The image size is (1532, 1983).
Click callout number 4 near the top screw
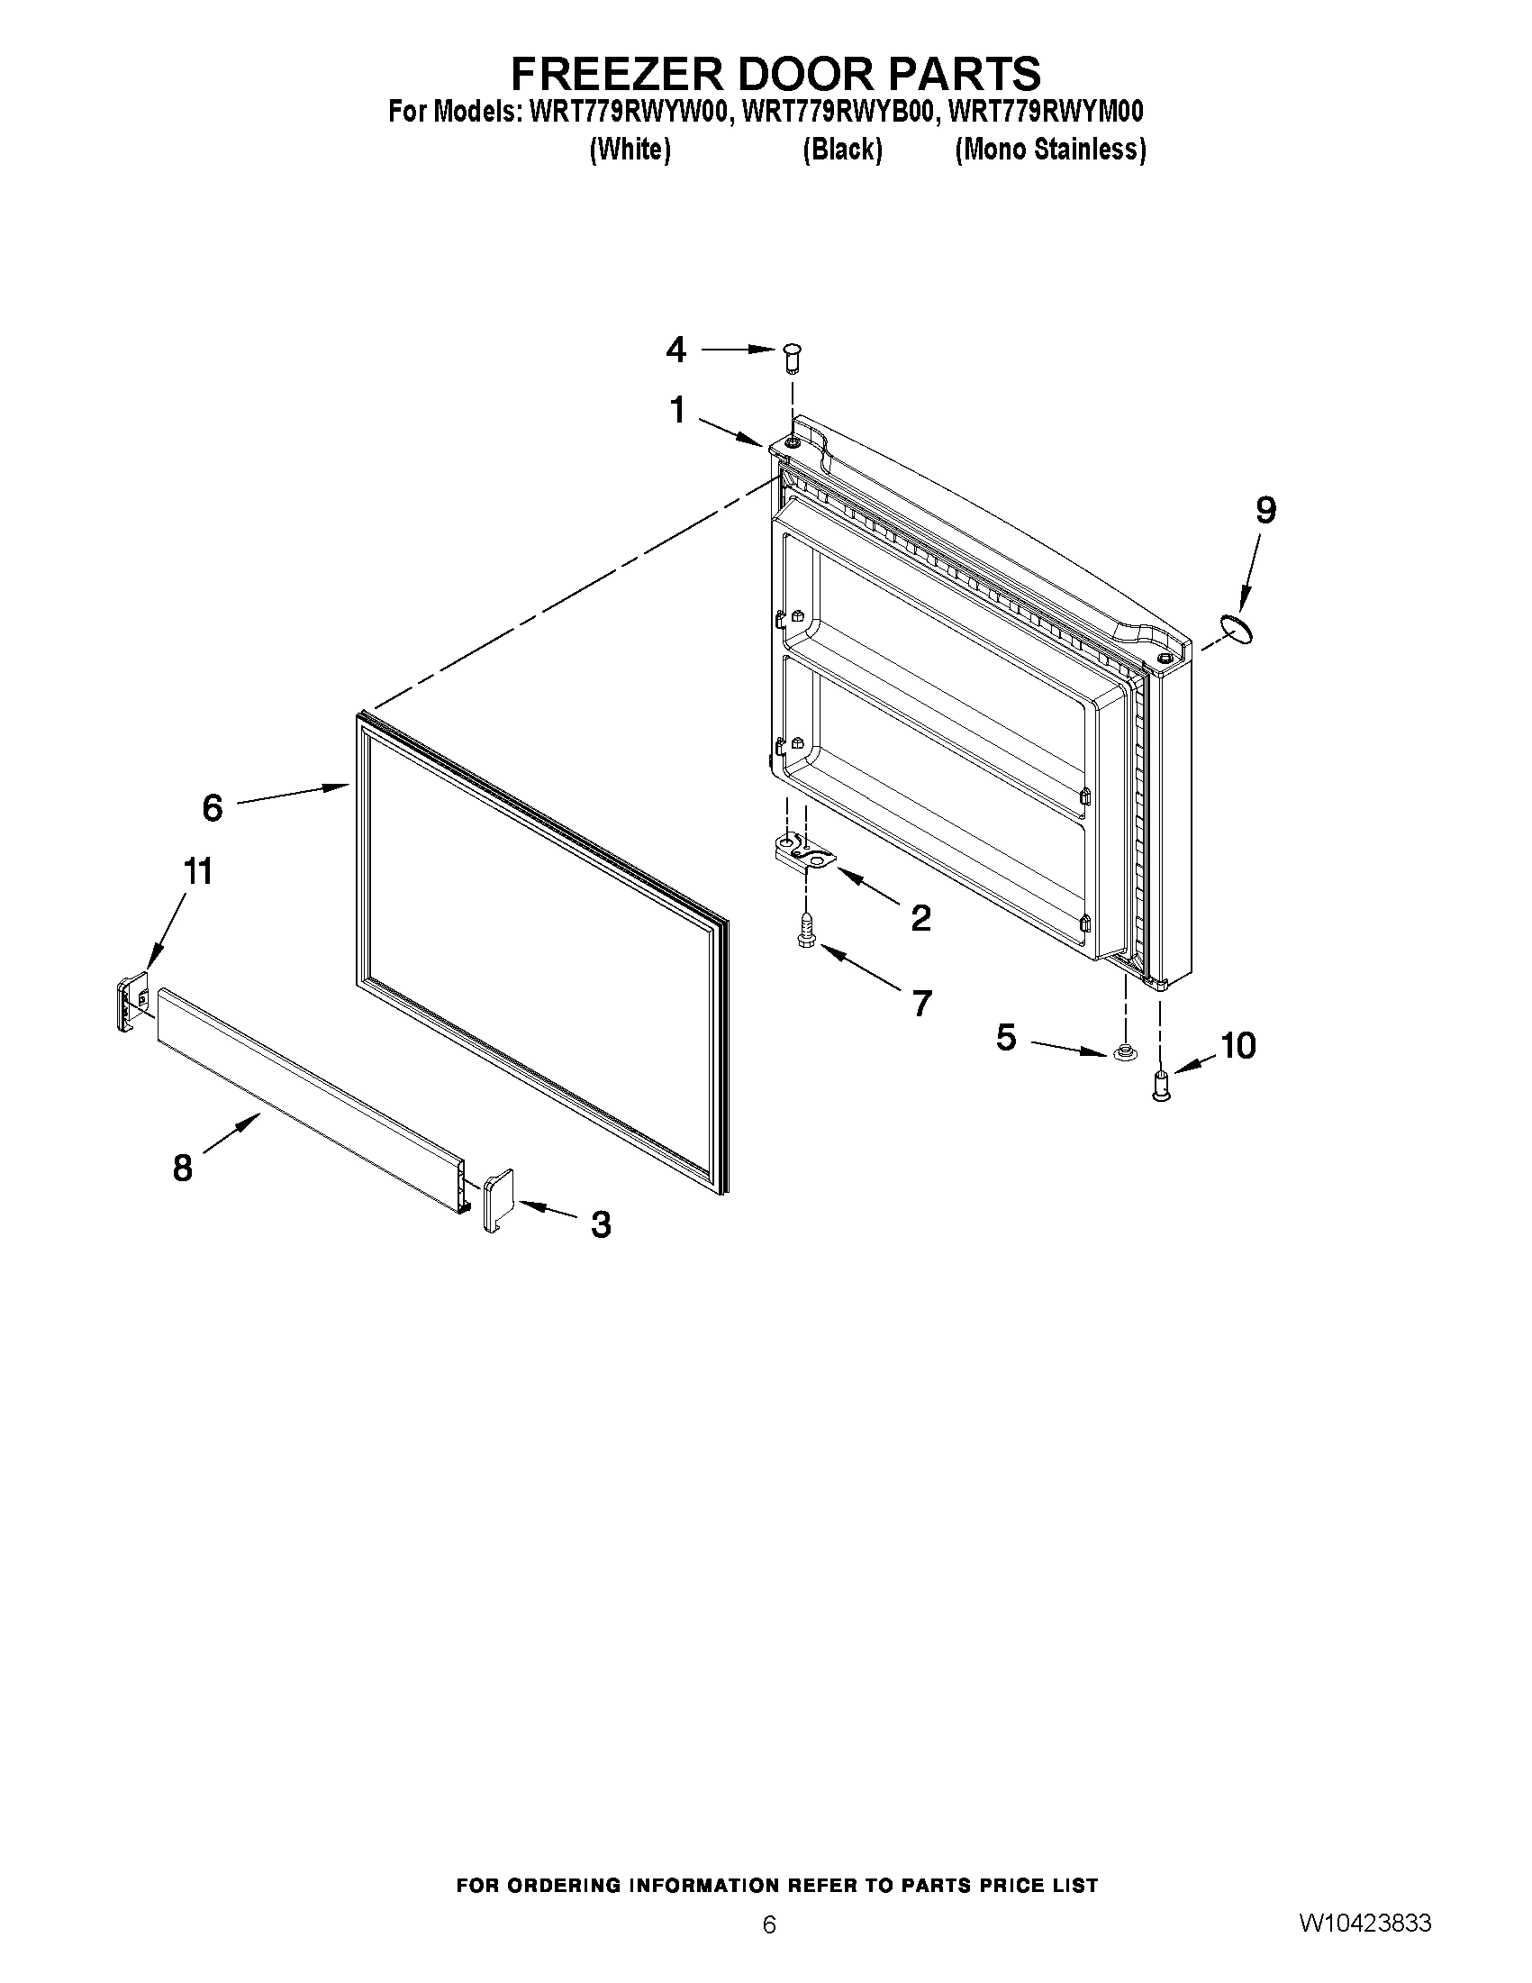(676, 350)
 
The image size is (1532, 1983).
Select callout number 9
(1265, 510)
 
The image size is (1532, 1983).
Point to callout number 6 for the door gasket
(213, 807)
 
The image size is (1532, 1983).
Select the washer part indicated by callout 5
(1122, 1054)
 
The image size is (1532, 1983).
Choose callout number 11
(198, 871)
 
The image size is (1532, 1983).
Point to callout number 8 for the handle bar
(183, 1168)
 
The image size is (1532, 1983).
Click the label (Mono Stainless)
(1050, 150)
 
